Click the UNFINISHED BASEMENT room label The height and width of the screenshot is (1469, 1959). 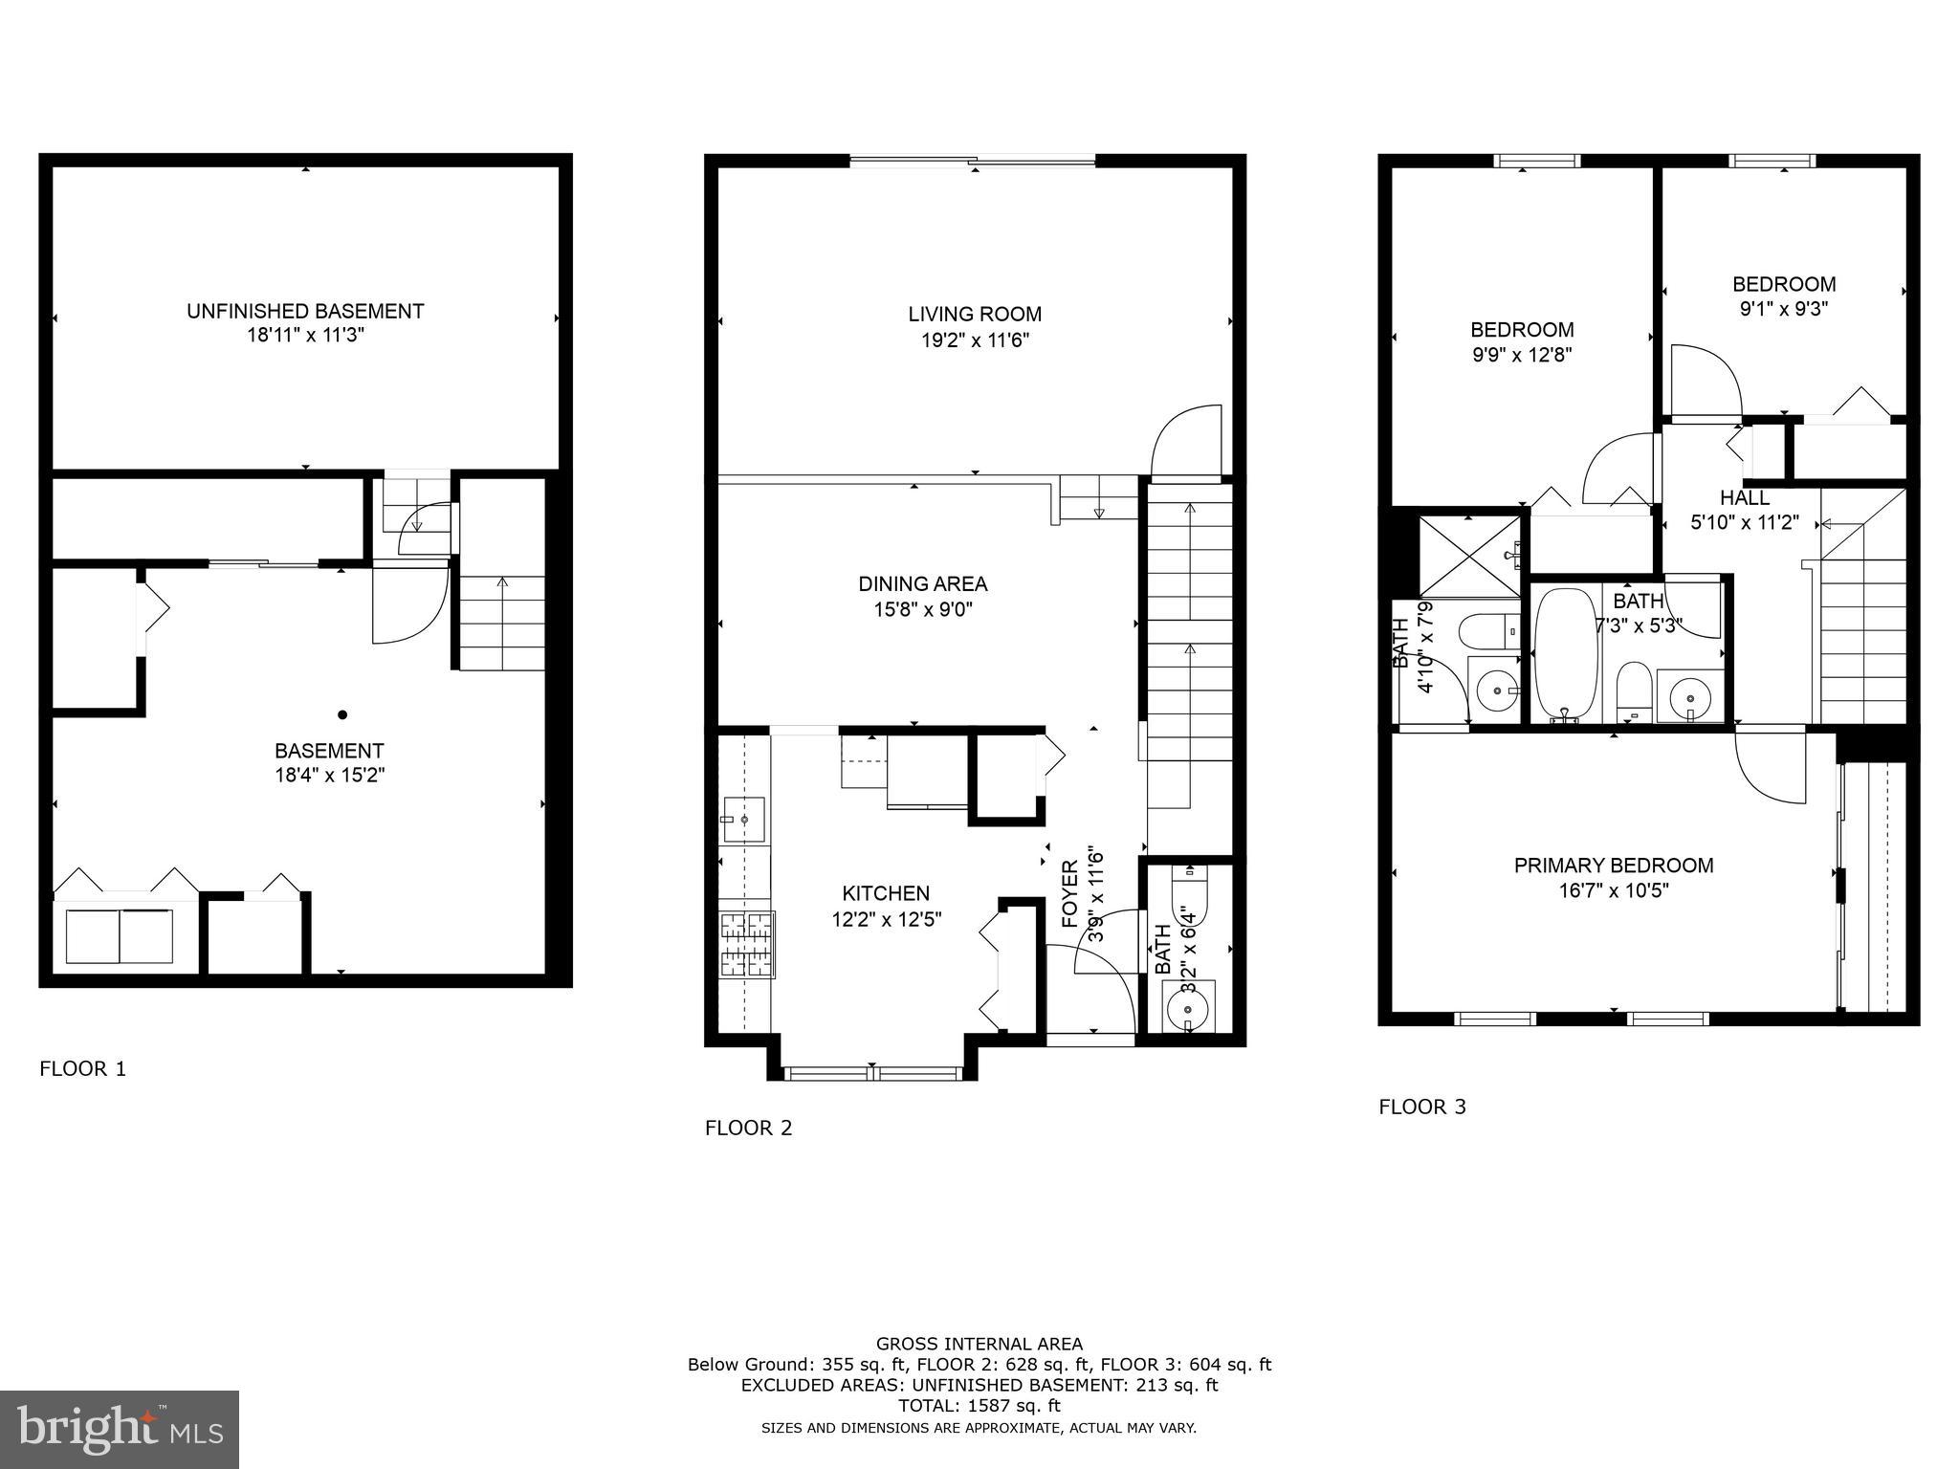[304, 311]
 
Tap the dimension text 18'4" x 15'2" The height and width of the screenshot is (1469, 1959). [329, 775]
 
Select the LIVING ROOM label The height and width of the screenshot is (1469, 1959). [974, 314]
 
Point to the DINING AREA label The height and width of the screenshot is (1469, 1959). [922, 583]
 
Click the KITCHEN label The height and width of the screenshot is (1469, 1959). [885, 893]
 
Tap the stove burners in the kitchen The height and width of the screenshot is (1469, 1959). [747, 945]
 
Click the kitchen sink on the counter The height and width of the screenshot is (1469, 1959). [744, 820]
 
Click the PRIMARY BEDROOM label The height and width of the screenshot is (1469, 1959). [1613, 866]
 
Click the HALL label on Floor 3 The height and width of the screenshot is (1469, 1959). [1744, 498]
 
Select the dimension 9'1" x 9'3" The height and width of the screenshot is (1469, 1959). [1784, 309]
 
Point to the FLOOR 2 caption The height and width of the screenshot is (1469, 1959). [748, 1128]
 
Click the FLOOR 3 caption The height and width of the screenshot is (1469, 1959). [1421, 1107]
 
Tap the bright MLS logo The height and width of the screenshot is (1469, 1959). [120, 1429]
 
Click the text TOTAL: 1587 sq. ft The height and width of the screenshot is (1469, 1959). [979, 1406]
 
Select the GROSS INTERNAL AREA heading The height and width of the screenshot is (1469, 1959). [979, 1344]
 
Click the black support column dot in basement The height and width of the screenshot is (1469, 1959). [342, 714]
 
